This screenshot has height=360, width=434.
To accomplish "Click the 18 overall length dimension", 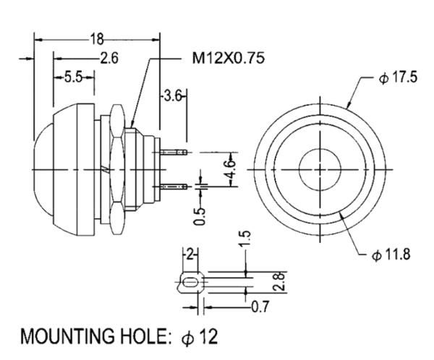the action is [x=97, y=39].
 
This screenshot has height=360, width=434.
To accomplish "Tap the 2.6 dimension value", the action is [x=109, y=58].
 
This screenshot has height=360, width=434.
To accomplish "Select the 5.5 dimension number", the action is [x=74, y=77].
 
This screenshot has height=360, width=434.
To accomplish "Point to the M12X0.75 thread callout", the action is [x=228, y=58].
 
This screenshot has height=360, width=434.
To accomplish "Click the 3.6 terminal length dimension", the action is [x=173, y=97].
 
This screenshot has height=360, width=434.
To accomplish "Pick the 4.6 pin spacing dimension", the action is [x=231, y=169].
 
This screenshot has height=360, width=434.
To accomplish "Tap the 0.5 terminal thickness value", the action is [x=200, y=216].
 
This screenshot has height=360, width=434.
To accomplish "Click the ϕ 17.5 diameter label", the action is [x=398, y=77].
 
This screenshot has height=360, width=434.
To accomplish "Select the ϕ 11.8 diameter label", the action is [x=391, y=254].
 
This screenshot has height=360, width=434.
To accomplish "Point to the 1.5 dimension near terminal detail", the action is [x=245, y=239].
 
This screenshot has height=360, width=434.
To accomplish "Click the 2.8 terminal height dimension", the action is [x=279, y=281].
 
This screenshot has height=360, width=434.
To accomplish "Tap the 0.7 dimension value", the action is [x=260, y=307].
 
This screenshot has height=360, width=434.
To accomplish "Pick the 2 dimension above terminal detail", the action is [x=190, y=254].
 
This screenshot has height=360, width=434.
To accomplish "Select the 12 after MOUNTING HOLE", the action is [x=209, y=336].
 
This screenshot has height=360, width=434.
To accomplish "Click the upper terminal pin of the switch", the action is [x=174, y=153].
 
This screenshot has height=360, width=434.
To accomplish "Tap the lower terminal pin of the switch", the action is [x=174, y=187].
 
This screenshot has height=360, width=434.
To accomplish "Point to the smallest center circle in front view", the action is [x=320, y=169].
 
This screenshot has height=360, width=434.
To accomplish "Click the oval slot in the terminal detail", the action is [x=190, y=283].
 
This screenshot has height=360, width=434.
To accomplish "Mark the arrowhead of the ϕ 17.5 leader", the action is [x=349, y=105].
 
